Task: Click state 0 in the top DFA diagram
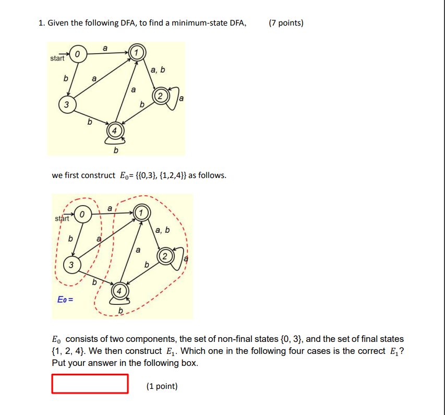(77, 54)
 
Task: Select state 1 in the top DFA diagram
(136, 53)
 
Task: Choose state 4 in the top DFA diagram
(115, 130)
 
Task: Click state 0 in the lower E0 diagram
(82, 214)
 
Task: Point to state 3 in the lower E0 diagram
(71, 264)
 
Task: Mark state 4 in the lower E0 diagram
(119, 290)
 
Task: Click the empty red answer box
(90, 384)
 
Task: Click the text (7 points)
(286, 23)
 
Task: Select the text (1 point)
(162, 386)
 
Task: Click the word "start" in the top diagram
(57, 58)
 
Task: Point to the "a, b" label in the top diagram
(158, 70)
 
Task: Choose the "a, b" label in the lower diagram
(163, 230)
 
